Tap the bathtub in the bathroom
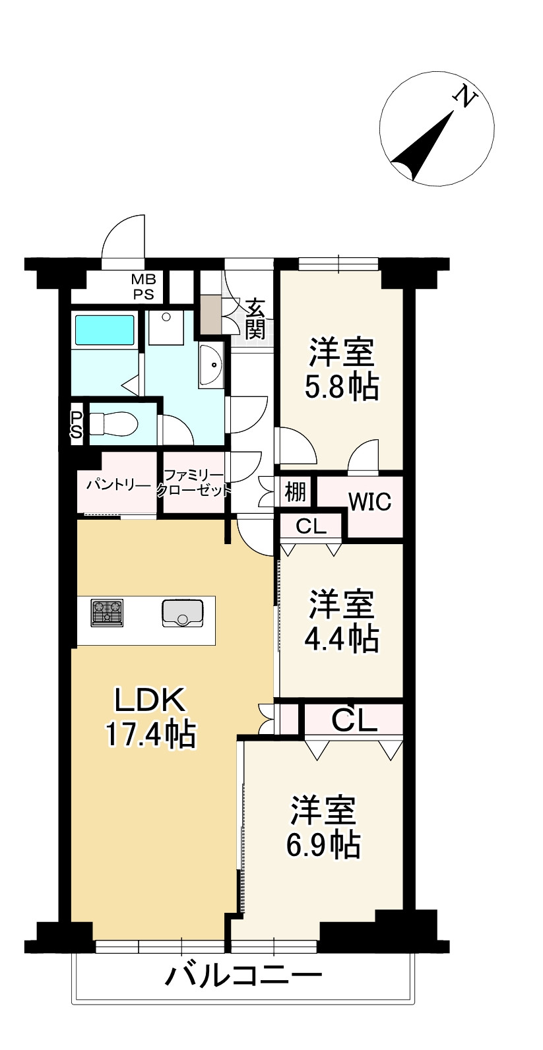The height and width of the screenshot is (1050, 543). pos(104,330)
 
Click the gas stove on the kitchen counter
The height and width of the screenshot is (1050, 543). pos(107,611)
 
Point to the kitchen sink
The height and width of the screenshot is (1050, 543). pos(183,612)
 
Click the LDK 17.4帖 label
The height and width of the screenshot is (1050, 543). pos(150,717)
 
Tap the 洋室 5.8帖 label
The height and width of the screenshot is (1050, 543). pos(341,369)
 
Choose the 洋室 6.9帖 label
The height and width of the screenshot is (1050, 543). pos(323,826)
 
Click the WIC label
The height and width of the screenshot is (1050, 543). pos(369,502)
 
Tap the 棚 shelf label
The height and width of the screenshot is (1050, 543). pos(295,491)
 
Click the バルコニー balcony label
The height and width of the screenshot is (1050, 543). pos(243,975)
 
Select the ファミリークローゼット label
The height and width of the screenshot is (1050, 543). pos(194,482)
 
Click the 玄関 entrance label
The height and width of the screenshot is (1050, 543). pos(255,319)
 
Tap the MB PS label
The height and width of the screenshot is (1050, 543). pos(143,287)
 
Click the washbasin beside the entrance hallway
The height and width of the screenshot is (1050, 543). pos(212,365)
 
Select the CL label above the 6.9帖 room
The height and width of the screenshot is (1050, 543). pos(354,720)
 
